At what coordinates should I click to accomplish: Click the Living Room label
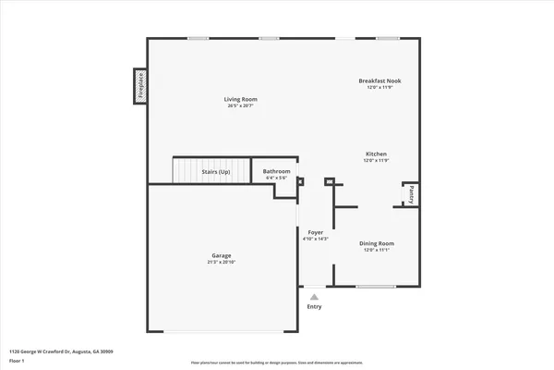[240, 99]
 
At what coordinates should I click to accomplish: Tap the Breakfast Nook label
[379, 80]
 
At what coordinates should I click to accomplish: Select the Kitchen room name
[376, 154]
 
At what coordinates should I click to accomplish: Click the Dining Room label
[376, 243]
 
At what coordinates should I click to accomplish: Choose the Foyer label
[315, 232]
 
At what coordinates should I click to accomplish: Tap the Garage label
[221, 255]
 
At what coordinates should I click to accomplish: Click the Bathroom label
[276, 171]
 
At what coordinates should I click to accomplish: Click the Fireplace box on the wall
[141, 86]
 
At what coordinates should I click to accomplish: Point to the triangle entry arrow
[314, 297]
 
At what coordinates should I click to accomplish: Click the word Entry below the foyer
[315, 307]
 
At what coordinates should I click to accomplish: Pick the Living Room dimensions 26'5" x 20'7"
[240, 106]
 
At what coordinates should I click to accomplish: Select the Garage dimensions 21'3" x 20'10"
[221, 263]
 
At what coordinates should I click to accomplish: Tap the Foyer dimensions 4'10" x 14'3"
[315, 240]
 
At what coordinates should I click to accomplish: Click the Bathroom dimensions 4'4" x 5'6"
[276, 179]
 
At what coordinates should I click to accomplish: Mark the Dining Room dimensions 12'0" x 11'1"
[376, 251]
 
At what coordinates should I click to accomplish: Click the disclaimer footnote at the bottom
[276, 363]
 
